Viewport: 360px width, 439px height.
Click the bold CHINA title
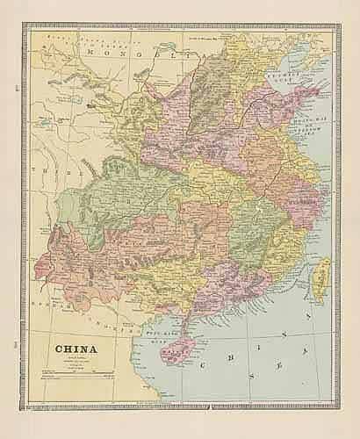click(78, 346)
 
